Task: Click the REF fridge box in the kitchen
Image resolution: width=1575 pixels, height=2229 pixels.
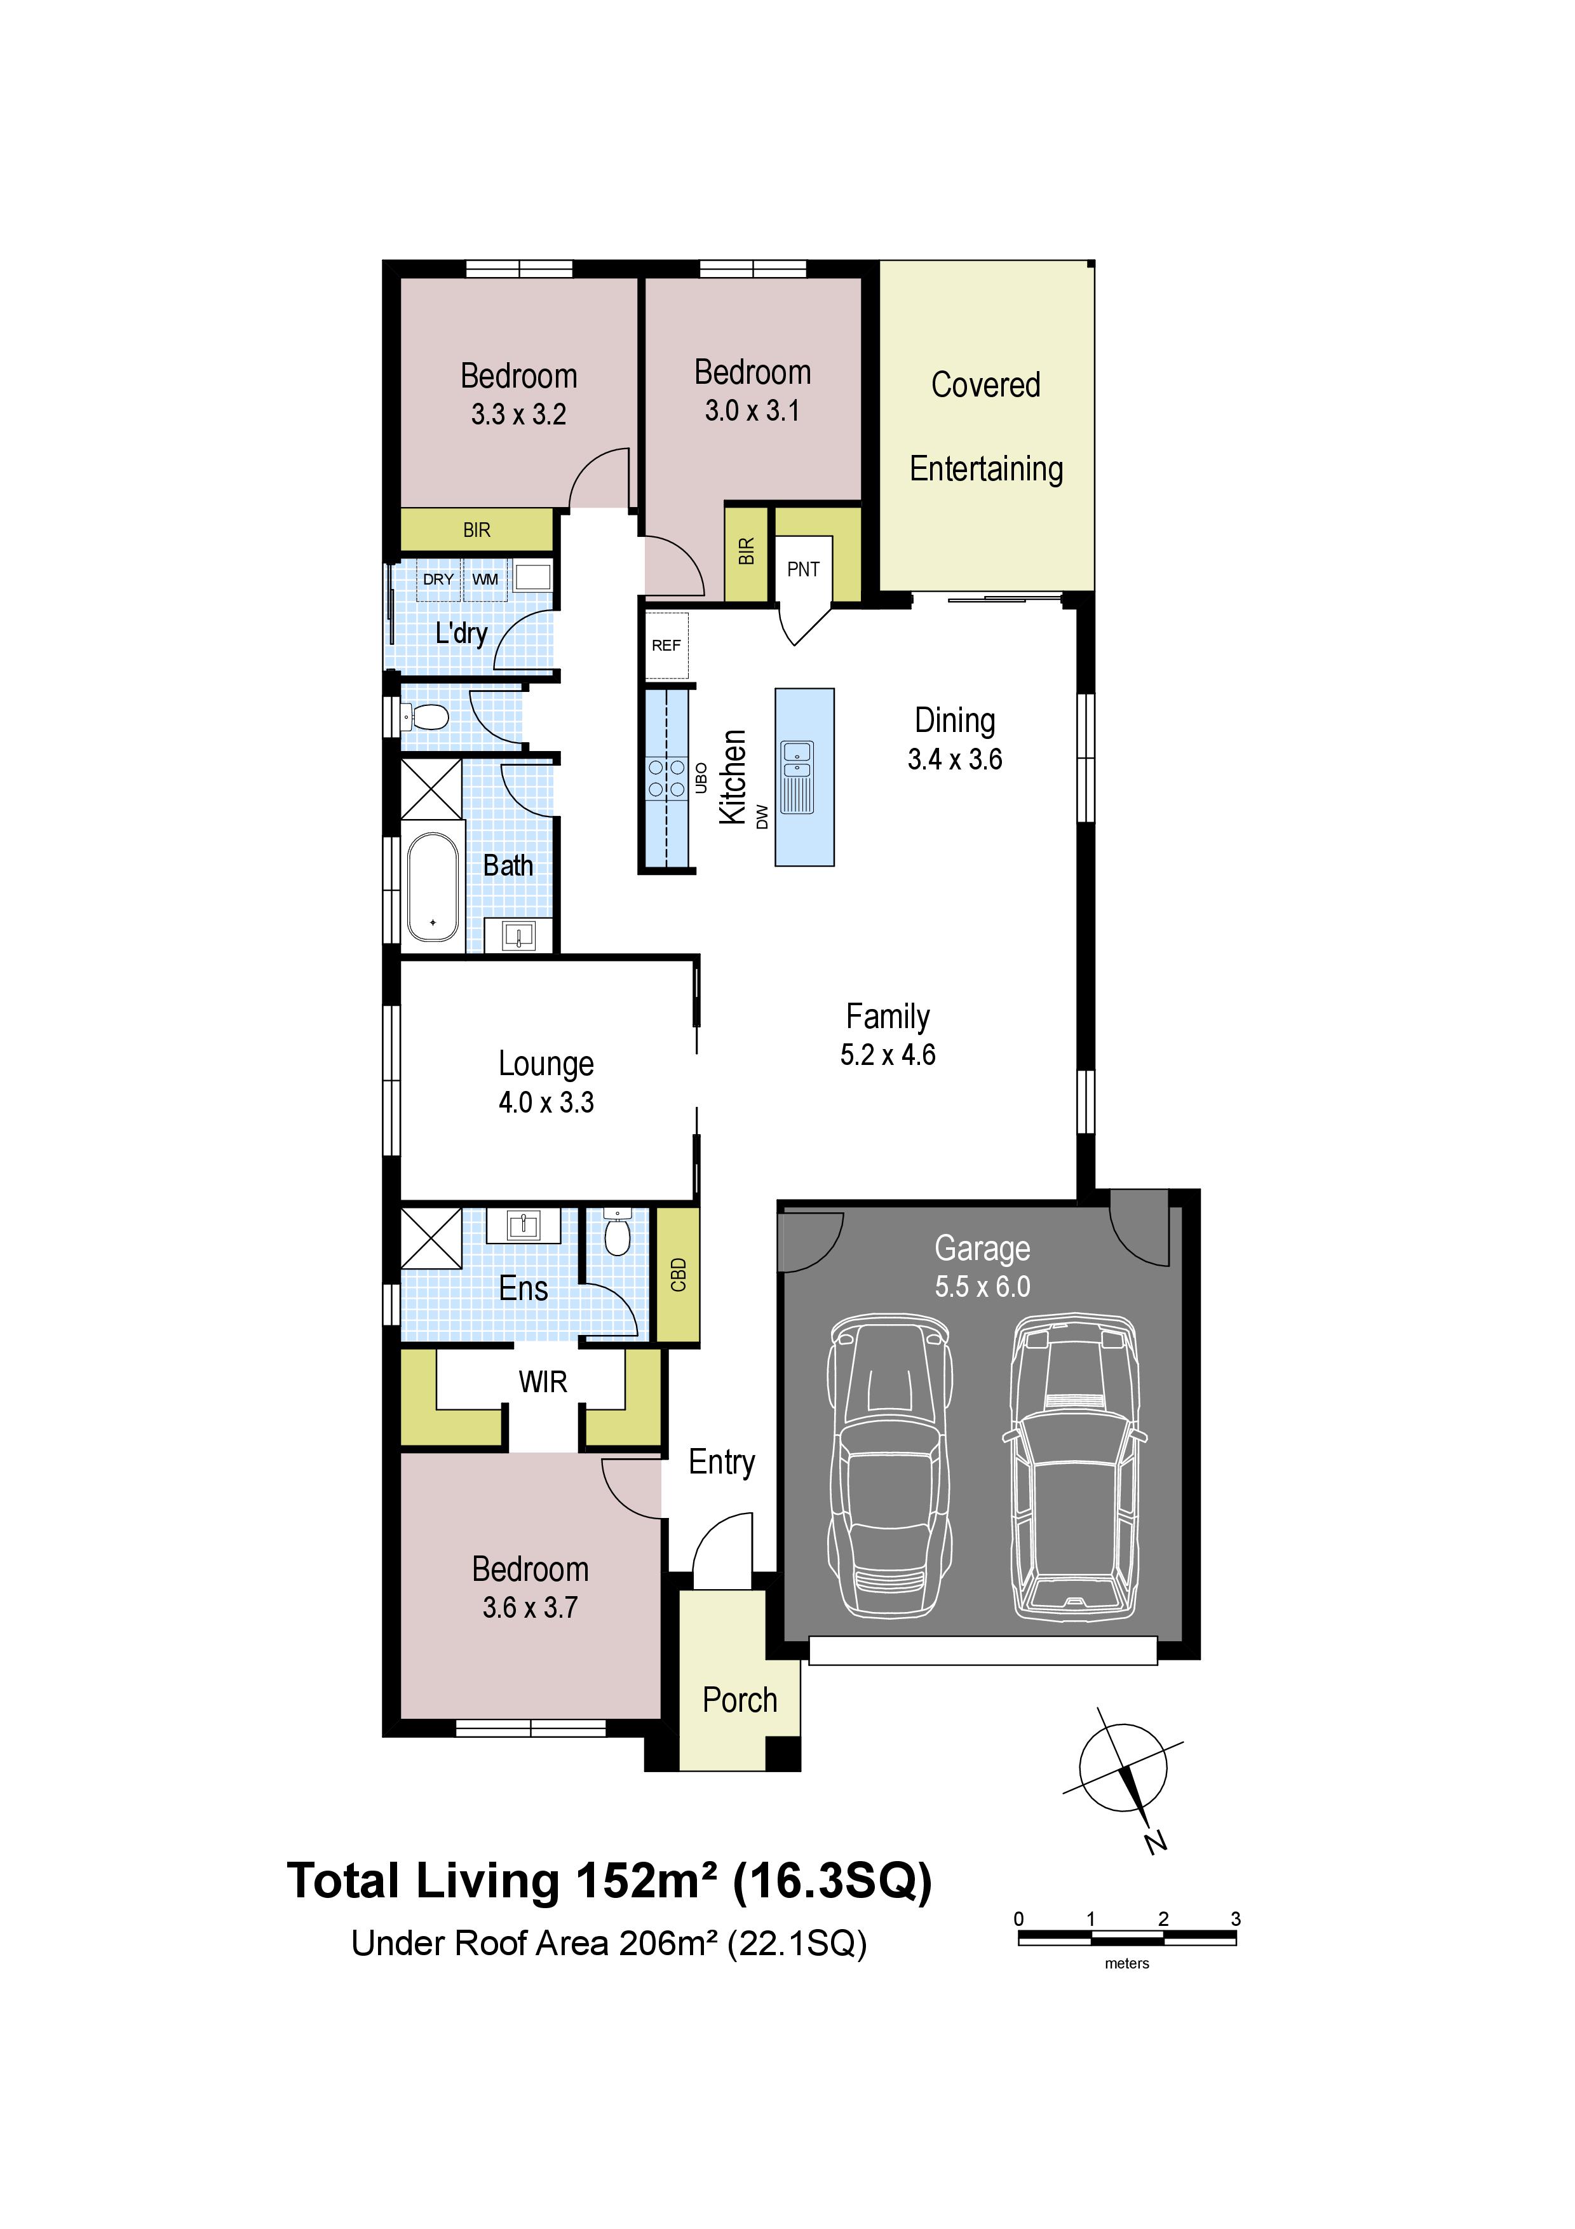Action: pyautogui.click(x=666, y=646)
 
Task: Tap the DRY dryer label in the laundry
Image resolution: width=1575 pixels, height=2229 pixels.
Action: pyautogui.click(x=438, y=579)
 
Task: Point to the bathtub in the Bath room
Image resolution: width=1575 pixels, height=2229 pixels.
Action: pyautogui.click(x=433, y=886)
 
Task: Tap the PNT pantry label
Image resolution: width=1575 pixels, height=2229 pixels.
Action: pyautogui.click(x=804, y=570)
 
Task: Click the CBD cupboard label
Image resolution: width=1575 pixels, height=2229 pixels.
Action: pyautogui.click(x=679, y=1275)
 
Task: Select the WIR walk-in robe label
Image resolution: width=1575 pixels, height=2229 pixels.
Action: pyautogui.click(x=543, y=1381)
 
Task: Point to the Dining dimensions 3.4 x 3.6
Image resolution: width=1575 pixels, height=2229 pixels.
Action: pyautogui.click(x=955, y=759)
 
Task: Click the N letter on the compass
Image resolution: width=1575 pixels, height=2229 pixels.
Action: pyautogui.click(x=1156, y=1841)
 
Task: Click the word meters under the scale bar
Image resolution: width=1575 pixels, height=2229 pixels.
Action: pyautogui.click(x=1126, y=1963)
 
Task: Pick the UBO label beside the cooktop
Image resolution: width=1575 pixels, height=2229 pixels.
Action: pyautogui.click(x=701, y=778)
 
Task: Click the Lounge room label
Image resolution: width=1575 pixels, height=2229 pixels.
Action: pyautogui.click(x=546, y=1064)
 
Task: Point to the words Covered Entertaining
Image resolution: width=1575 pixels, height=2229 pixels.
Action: pyautogui.click(x=986, y=427)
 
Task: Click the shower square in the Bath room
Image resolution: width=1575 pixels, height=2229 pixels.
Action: pyautogui.click(x=432, y=789)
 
